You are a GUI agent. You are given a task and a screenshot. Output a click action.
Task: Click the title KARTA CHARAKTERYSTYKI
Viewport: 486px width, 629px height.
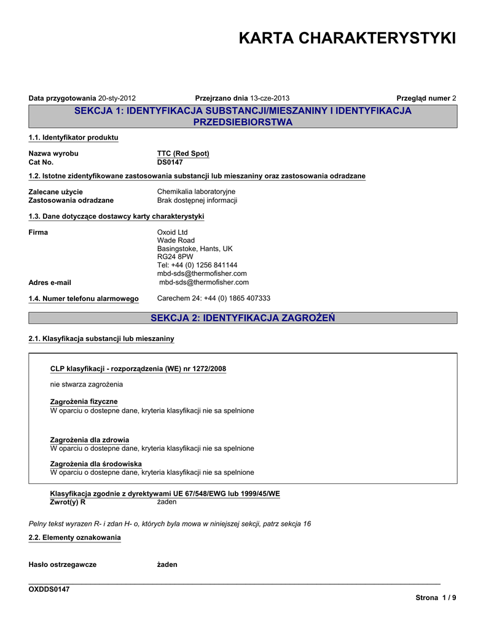coord(347,38)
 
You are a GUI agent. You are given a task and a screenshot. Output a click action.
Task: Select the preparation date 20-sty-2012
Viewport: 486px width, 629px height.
coord(117,98)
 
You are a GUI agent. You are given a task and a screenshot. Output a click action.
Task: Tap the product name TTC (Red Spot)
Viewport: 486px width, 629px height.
coord(183,154)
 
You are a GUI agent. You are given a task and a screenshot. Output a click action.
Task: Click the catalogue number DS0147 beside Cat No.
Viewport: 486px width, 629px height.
coord(170,162)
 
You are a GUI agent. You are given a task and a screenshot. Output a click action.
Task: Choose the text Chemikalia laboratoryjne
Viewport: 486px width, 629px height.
coord(196,192)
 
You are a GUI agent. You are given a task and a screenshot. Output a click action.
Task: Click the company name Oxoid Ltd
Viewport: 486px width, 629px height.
coord(173,232)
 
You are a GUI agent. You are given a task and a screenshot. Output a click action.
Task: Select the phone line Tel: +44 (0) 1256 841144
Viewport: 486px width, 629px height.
coord(197,265)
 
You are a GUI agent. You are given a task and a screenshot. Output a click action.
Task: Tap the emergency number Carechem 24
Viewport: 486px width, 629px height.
coord(214,298)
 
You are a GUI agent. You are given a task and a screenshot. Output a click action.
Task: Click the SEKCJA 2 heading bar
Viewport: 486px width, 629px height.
coord(243,318)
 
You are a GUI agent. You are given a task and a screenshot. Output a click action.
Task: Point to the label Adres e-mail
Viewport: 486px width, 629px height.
coord(50,283)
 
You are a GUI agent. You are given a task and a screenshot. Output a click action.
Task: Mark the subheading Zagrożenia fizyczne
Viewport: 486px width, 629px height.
coord(84,402)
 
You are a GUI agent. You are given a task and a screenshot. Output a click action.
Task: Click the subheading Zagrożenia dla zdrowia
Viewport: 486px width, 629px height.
coord(89,440)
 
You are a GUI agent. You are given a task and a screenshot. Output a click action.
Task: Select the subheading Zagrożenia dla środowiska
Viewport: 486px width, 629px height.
coord(95,464)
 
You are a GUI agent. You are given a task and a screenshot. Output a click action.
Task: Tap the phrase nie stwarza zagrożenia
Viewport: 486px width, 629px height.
coord(86,385)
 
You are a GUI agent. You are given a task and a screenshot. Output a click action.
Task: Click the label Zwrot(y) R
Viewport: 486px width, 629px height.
coord(67,502)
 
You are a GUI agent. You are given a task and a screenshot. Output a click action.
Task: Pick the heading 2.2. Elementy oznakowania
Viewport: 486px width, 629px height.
coord(75,537)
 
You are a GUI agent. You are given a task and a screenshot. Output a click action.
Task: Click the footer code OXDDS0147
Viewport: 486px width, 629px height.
coord(49,589)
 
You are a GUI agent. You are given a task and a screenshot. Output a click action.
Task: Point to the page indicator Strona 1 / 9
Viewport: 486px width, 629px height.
coord(436,598)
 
